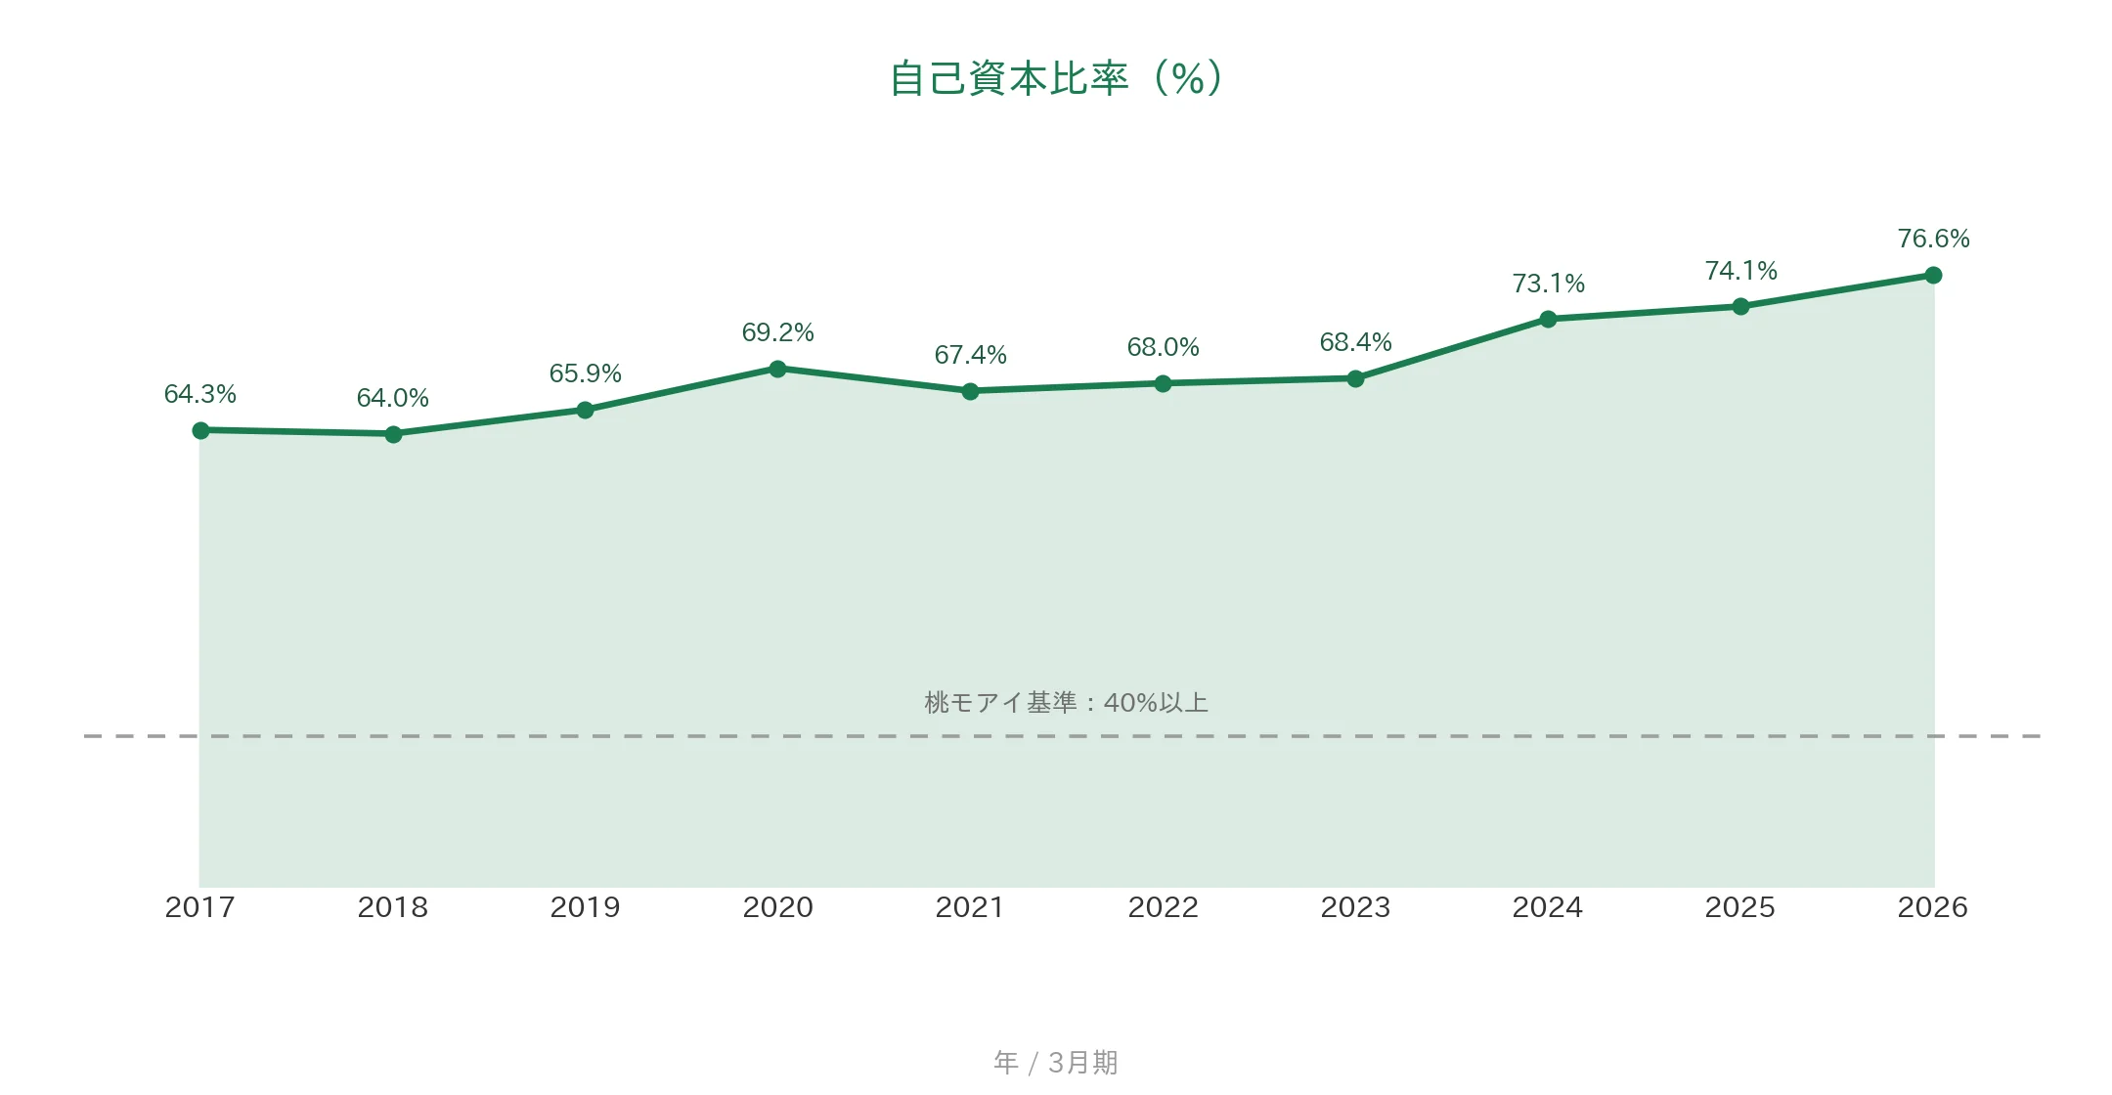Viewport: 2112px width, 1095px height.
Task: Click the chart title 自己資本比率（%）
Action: (x=1056, y=78)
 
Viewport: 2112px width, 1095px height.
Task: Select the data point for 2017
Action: (x=200, y=430)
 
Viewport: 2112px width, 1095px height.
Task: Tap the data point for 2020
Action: (x=777, y=369)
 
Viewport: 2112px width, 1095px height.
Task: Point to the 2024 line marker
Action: (x=1548, y=319)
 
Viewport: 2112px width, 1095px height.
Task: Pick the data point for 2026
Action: (x=1933, y=275)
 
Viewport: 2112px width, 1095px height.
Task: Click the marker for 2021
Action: (x=970, y=391)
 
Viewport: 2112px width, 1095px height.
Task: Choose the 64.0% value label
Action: (x=393, y=398)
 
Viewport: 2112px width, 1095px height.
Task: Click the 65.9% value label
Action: (x=585, y=373)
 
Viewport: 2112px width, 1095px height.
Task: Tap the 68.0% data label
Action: (x=1163, y=347)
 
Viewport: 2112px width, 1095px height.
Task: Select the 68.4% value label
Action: (x=1355, y=342)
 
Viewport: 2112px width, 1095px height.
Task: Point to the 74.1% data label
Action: (x=1740, y=271)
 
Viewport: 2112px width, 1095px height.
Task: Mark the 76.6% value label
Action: (x=1933, y=239)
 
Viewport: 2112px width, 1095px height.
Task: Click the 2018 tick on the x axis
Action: (x=393, y=907)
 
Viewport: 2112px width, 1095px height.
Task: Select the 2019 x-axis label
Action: (x=585, y=907)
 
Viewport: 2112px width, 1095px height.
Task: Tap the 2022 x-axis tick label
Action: (x=1163, y=907)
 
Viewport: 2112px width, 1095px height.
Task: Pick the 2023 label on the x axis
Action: (x=1355, y=907)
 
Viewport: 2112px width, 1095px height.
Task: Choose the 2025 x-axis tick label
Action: (x=1740, y=907)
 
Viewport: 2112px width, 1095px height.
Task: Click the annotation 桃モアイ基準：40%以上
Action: (x=1066, y=703)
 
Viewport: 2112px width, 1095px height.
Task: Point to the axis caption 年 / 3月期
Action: (x=1056, y=1063)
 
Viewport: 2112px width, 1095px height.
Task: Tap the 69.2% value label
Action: (x=777, y=332)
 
